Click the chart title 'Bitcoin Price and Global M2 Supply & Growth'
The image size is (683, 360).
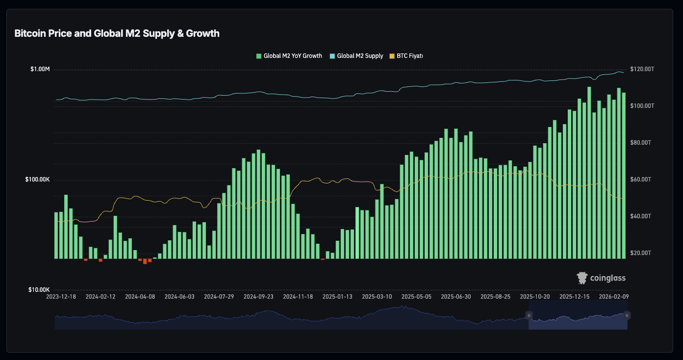(x=117, y=33)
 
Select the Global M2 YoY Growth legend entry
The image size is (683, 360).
(x=289, y=56)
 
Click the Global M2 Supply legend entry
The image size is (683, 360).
(x=356, y=56)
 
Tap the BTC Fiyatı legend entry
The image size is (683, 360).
(x=406, y=56)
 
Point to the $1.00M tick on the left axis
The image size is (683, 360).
(x=40, y=69)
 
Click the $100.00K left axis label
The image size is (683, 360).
(x=37, y=180)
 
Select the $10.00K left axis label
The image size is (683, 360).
(x=39, y=289)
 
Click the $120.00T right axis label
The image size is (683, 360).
(x=642, y=69)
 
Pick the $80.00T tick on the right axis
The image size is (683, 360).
(x=641, y=143)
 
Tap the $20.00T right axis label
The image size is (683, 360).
(x=641, y=253)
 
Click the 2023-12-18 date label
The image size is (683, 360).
(x=61, y=297)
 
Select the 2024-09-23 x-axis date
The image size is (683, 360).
(x=258, y=297)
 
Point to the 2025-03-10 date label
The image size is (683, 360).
(x=377, y=297)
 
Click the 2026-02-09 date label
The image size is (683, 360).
(x=614, y=297)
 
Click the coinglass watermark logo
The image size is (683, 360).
(x=601, y=278)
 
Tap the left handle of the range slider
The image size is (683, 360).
(x=529, y=315)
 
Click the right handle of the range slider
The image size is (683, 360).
(x=627, y=315)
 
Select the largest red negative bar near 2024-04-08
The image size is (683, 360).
(x=145, y=261)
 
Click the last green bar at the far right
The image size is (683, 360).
(x=624, y=176)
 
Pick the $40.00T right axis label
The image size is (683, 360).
(x=641, y=216)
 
